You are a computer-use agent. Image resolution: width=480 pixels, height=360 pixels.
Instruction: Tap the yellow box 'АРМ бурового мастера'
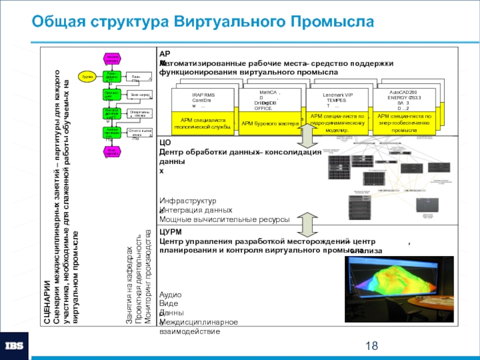click(x=269, y=124)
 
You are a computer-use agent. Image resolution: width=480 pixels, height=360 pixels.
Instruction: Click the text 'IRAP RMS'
click(x=203, y=95)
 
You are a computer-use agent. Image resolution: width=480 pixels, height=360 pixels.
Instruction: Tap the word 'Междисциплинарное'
click(x=199, y=322)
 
